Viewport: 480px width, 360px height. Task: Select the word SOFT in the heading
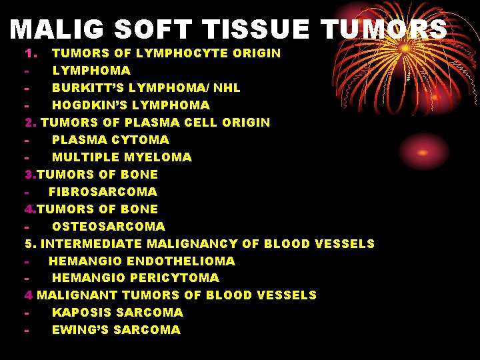pyautogui.click(x=153, y=29)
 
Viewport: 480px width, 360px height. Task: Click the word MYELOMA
pyautogui.click(x=159, y=157)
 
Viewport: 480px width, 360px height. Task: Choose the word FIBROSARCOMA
pyautogui.click(x=103, y=191)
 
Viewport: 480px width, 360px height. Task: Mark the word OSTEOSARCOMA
pyautogui.click(x=108, y=226)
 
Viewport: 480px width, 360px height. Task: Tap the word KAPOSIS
pyautogui.click(x=82, y=312)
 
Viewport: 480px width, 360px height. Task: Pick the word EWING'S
pyautogui.click(x=79, y=329)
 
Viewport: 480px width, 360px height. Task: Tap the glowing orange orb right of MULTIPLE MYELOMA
pyautogui.click(x=422, y=152)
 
